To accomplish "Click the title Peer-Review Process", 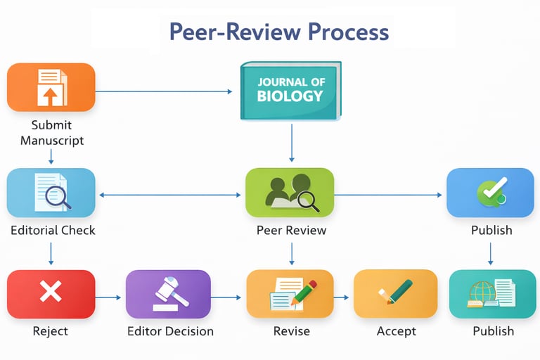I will (279, 32).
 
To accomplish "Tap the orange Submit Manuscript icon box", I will (51, 87).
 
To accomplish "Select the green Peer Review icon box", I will (290, 192).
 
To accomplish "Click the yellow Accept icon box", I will (396, 293).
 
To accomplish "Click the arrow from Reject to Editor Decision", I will (108, 298).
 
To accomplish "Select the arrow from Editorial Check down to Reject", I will (51, 253).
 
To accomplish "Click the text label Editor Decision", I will (170, 331).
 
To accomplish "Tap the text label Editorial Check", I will (53, 230).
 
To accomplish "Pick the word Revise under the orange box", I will (291, 331).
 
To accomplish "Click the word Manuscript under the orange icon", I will (52, 141).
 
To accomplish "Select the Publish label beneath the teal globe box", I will (493, 331).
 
